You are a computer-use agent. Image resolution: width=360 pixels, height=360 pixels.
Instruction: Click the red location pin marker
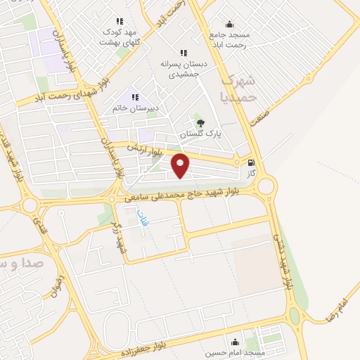181,166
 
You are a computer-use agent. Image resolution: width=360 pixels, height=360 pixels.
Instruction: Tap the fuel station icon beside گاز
252,162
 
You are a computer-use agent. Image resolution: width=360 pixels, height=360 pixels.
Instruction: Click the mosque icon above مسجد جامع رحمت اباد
229,23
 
